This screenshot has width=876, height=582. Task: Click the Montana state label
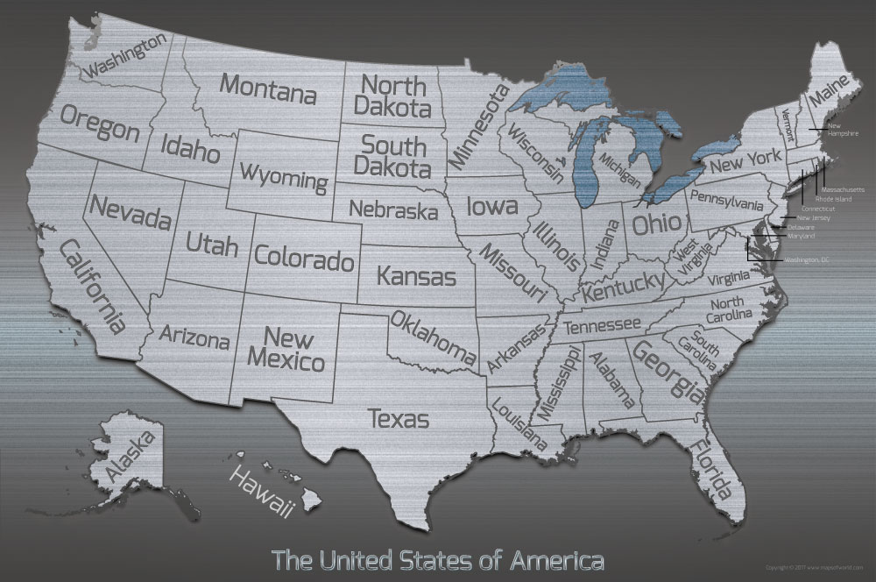pyautogui.click(x=267, y=89)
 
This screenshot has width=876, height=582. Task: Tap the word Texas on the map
pyautogui.click(x=399, y=419)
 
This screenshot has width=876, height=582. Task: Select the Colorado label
pyautogui.click(x=304, y=258)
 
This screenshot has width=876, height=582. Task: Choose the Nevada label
pyautogui.click(x=129, y=211)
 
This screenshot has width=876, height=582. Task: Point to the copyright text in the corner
pyautogui.click(x=815, y=568)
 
